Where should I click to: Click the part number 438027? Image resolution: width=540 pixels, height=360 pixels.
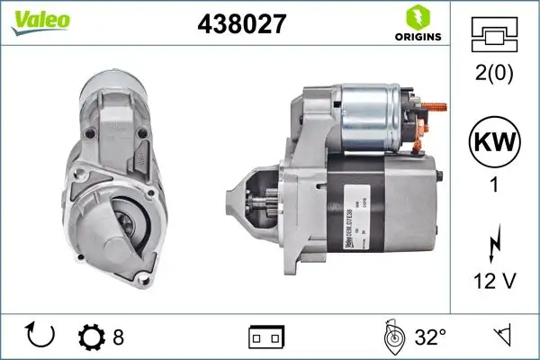(241, 24)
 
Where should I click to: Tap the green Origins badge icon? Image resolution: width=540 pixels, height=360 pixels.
(415, 15)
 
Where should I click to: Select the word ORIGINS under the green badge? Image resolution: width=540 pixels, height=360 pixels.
(415, 37)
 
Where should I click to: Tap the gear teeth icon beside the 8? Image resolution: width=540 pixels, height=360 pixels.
(91, 337)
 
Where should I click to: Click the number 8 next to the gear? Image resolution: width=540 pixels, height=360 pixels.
(118, 337)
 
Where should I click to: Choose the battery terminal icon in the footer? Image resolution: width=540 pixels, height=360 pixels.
(265, 337)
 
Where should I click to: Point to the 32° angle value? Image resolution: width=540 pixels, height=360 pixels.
(430, 337)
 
